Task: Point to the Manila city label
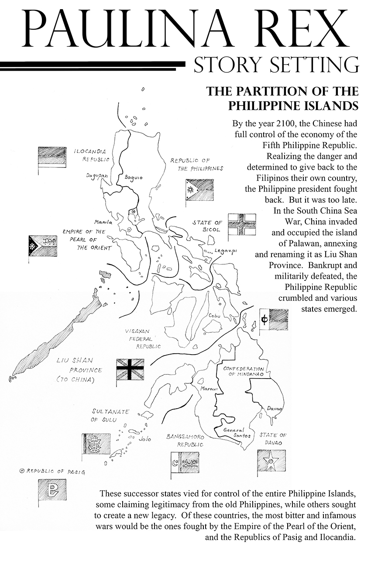click(x=103, y=222)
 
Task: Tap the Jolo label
click(x=144, y=439)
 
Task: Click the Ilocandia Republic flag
click(x=52, y=157)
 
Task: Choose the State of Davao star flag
click(x=271, y=461)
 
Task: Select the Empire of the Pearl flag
click(x=43, y=246)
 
